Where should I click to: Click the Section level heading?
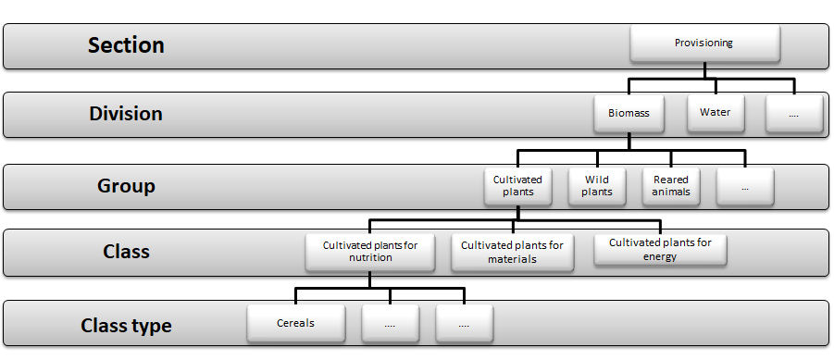[x=126, y=45]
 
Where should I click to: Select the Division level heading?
[x=126, y=114]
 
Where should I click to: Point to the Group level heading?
[x=126, y=186]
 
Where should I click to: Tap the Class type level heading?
[x=126, y=326]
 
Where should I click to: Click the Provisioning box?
[x=705, y=43]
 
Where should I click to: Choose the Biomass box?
[x=629, y=114]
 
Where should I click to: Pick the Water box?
[x=715, y=113]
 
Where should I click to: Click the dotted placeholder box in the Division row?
[x=794, y=115]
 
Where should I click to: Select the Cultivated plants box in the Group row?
[x=517, y=186]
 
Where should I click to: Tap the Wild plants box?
[x=597, y=186]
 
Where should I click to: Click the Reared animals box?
[x=671, y=186]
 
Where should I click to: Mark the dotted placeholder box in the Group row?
[x=744, y=187]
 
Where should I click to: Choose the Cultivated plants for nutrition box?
[x=370, y=251]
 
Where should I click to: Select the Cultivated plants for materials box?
[x=512, y=252]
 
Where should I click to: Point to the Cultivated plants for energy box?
[x=660, y=249]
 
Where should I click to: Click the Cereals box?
[x=296, y=324]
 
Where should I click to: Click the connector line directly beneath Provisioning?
[x=705, y=69]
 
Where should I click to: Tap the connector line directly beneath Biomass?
[x=629, y=141]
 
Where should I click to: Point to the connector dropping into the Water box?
[x=716, y=87]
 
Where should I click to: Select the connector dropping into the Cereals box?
[x=296, y=296]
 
